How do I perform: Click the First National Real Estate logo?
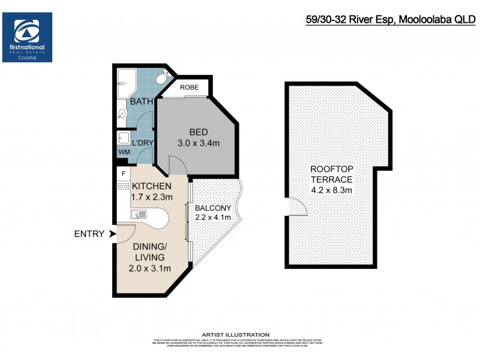tap(28, 37)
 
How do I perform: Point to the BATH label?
tap(142, 101)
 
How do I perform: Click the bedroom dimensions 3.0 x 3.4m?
tap(199, 143)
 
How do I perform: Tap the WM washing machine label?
tap(124, 152)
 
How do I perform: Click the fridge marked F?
tap(124, 173)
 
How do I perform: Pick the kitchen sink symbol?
tap(139, 214)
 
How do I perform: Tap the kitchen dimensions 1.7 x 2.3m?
tap(152, 197)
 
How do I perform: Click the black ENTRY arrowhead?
tap(112, 234)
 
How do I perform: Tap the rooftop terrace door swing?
tap(297, 208)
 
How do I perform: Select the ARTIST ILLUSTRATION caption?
tap(240, 334)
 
